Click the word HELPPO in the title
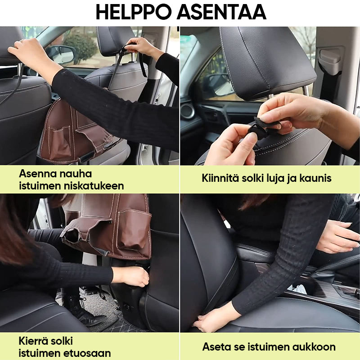134,13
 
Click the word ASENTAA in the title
221,13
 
